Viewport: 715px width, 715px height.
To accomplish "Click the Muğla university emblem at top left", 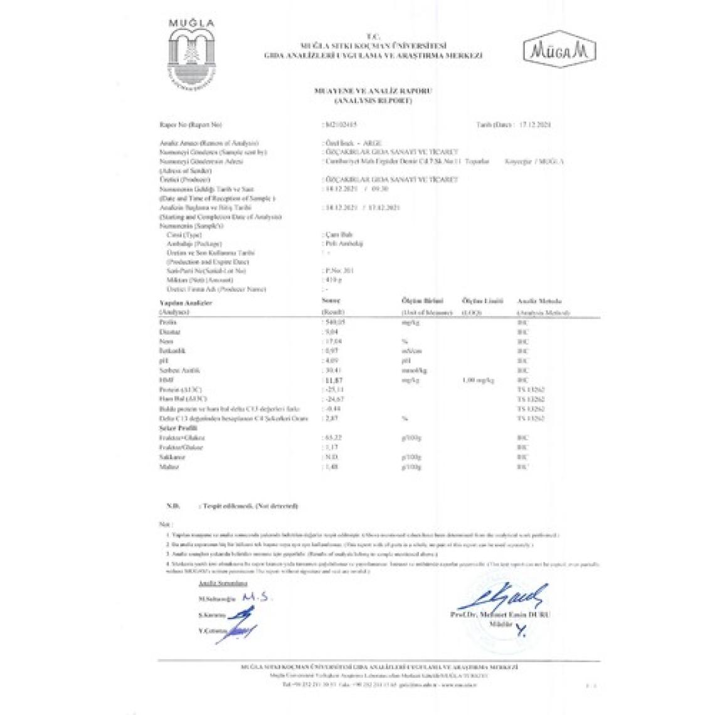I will coord(191,56).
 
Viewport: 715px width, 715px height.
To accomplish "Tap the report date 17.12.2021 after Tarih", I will coord(535,125).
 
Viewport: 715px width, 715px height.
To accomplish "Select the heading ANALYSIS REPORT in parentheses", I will coord(373,100).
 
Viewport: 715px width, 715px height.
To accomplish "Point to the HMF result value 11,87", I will coord(332,379).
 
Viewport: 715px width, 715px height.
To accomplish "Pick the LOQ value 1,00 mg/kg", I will coord(478,380).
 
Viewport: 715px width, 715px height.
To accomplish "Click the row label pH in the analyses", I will coord(164,361).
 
